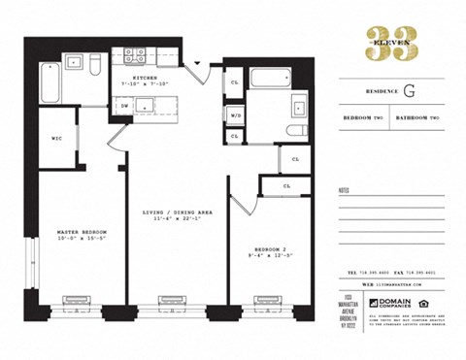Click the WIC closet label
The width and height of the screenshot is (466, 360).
click(x=57, y=138)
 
